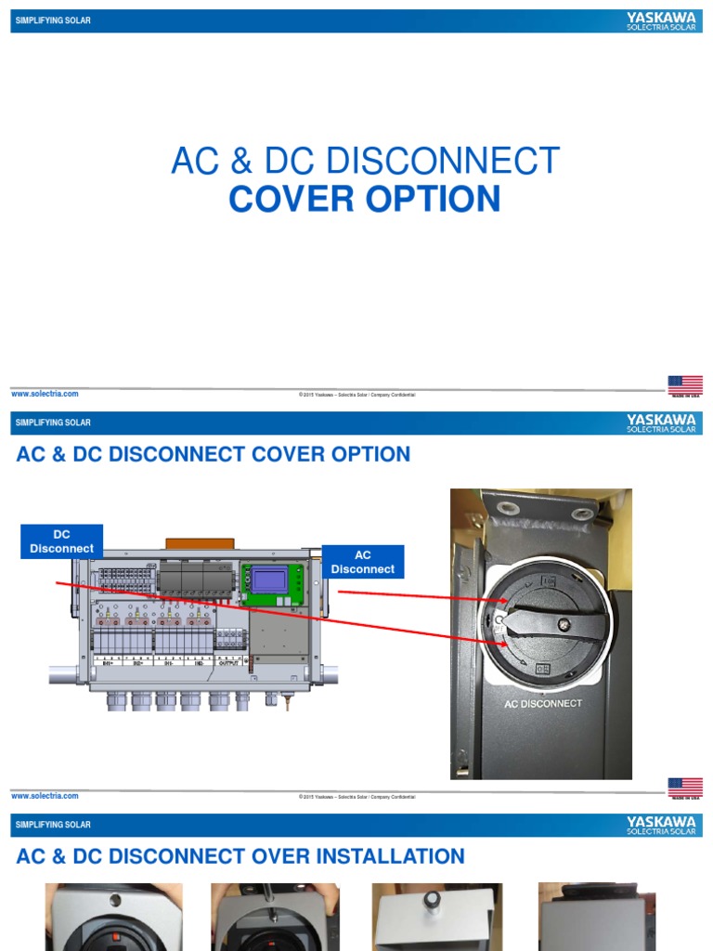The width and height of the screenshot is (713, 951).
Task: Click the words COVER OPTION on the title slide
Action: pos(365,200)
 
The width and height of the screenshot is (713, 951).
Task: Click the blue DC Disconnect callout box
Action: pos(61,541)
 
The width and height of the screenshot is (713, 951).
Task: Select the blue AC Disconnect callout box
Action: pos(363,562)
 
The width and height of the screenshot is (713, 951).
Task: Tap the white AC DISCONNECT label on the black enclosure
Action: pos(543,703)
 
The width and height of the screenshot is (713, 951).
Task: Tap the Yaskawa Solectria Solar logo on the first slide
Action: pos(661,21)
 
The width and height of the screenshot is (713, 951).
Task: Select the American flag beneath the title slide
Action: pos(685,384)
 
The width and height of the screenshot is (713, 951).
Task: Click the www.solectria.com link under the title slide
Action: pos(45,394)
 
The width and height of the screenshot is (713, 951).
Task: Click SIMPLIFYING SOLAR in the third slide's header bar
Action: pos(53,825)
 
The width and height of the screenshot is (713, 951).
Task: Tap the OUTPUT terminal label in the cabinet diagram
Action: pos(232,663)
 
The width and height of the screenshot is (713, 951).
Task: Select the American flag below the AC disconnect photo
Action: pos(685,788)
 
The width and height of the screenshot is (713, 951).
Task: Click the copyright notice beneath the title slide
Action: pos(356,395)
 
